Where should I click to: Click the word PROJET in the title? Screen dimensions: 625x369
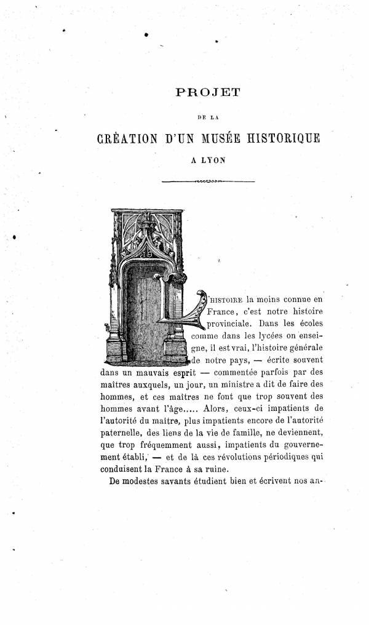[x=206, y=94]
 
